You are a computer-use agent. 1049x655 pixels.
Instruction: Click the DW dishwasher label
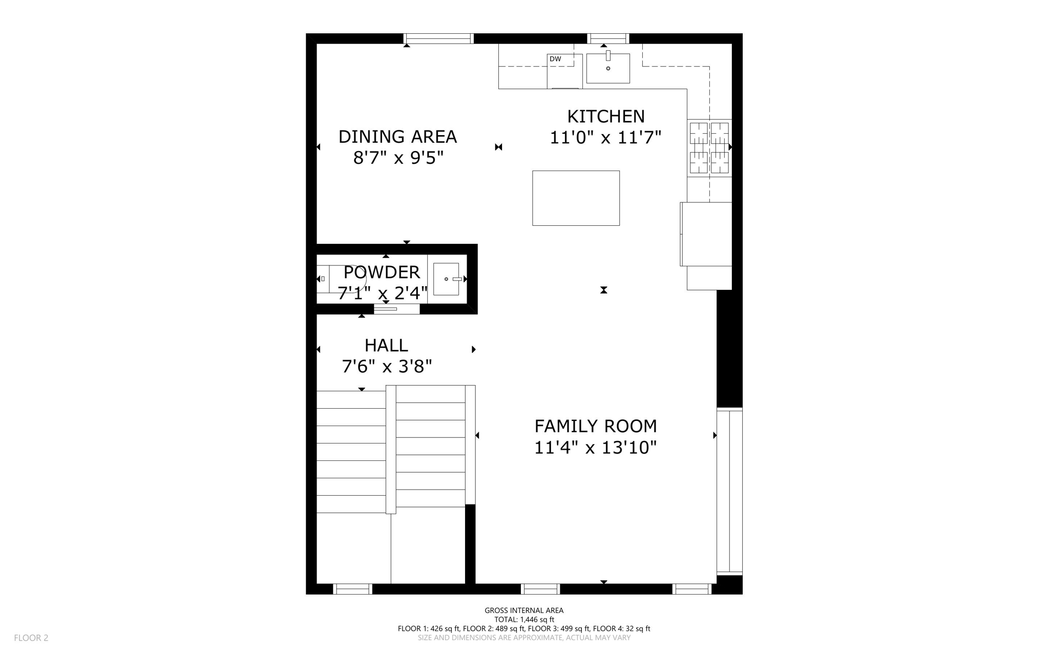555,59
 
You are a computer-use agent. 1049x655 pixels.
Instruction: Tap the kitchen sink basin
608,69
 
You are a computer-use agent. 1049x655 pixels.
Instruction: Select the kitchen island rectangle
576,198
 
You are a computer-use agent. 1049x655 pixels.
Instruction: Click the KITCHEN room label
605,117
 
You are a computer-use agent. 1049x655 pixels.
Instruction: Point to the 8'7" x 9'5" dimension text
398,158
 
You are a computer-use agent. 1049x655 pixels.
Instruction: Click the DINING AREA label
397,137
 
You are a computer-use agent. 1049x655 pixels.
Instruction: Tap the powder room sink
446,279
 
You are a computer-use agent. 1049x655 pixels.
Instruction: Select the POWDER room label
382,272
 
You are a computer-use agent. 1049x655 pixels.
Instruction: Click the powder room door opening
396,309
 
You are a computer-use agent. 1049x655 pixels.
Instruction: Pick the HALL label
386,346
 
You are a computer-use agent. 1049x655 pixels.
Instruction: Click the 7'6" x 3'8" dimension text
387,367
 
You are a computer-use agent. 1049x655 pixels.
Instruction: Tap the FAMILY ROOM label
595,426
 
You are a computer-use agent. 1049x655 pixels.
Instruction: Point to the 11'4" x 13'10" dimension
595,448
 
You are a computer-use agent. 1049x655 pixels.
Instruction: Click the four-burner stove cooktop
709,147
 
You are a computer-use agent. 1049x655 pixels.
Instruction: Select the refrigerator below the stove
706,234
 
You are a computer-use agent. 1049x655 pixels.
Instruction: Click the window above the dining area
438,38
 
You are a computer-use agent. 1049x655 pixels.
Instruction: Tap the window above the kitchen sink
607,38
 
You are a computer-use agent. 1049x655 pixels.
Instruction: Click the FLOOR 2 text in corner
31,638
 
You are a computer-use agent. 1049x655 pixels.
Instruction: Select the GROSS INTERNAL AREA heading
524,610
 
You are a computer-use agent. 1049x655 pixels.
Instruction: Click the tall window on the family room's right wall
729,491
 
